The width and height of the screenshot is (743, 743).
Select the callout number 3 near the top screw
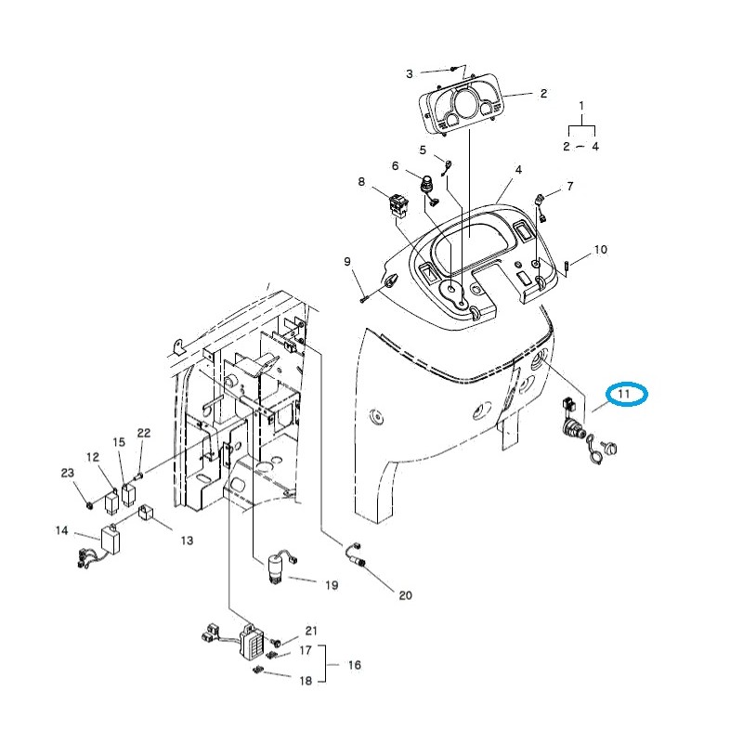(x=409, y=73)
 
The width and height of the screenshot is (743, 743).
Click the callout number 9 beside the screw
(x=346, y=261)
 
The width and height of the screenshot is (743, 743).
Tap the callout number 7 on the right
(x=569, y=187)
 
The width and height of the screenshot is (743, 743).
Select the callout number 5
(x=423, y=150)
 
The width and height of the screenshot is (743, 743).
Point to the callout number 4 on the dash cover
(x=518, y=170)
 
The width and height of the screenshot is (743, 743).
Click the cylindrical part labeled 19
(x=276, y=568)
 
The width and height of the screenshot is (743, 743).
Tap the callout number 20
(x=405, y=595)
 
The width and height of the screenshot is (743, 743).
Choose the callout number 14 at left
(x=62, y=531)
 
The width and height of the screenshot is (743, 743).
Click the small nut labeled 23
(x=87, y=504)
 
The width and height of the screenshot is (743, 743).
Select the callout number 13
(x=186, y=540)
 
